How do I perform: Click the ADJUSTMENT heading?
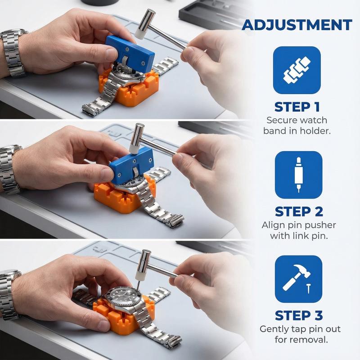297,25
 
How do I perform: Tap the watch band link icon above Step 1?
297,70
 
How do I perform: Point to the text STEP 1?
297,107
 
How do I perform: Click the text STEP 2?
297,211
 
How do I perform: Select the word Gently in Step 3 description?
275,329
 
